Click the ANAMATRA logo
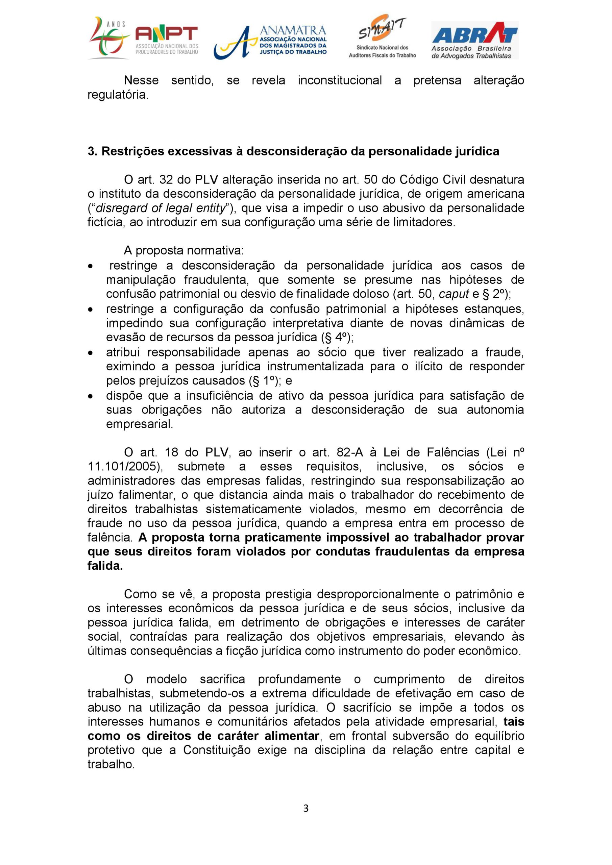tap(270, 42)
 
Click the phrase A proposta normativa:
tap(184, 250)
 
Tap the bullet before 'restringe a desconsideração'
tap(90, 266)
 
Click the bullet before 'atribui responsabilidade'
tap(90, 353)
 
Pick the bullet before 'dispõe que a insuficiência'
tap(90, 396)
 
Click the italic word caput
tap(454, 294)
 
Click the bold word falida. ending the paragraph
tap(105, 566)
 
